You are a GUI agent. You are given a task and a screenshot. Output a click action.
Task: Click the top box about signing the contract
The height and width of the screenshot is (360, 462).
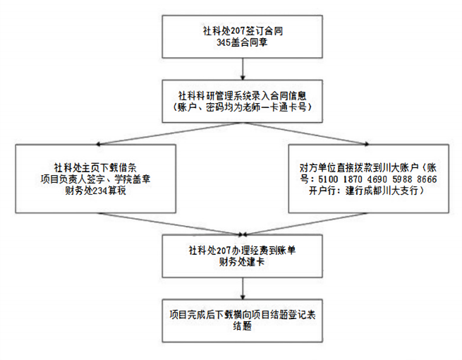(243, 36)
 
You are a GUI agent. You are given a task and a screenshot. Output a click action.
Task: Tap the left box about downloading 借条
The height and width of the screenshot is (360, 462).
(95, 179)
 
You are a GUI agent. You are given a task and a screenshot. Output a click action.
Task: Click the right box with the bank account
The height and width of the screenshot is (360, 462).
(369, 179)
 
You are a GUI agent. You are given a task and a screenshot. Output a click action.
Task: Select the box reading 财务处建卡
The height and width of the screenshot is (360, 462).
(243, 255)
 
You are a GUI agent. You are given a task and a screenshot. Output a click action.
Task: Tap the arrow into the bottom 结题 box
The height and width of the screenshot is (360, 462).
(243, 287)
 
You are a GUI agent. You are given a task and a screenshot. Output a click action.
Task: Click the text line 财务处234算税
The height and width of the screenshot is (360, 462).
(95, 191)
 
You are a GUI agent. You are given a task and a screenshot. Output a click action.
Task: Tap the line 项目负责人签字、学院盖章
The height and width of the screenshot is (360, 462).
(95, 179)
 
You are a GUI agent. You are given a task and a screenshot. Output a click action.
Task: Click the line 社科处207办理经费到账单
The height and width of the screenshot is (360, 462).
(243, 249)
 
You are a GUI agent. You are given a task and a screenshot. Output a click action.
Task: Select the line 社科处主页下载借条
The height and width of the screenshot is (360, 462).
(95, 168)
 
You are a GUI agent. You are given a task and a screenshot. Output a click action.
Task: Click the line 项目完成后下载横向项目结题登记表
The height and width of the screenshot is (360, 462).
(243, 314)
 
